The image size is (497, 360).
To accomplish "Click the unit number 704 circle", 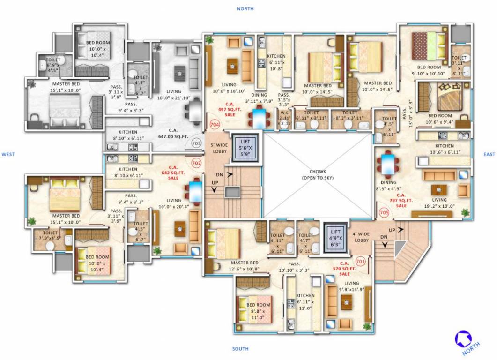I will pyautogui.click(x=215, y=125).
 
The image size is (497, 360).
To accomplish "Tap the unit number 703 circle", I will pyautogui.click(x=196, y=143).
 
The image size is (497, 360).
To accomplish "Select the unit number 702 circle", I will pyautogui.click(x=196, y=163).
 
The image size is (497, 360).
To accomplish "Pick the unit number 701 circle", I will pyautogui.click(x=361, y=261).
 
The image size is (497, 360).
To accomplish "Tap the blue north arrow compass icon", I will pyautogui.click(x=464, y=338).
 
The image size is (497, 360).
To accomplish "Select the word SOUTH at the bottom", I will pyautogui.click(x=240, y=349).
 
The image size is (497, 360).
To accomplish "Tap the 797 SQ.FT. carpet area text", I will pyautogui.click(x=401, y=200).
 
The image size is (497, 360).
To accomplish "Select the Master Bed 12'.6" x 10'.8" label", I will pyautogui.click(x=245, y=266).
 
